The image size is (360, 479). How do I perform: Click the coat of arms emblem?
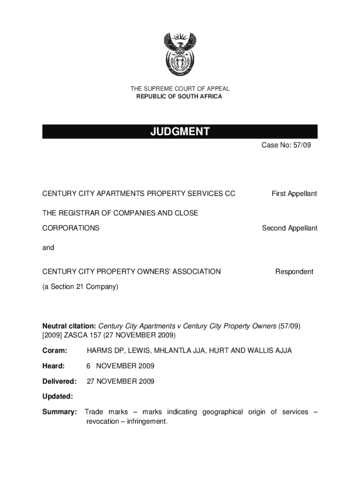click(x=180, y=55)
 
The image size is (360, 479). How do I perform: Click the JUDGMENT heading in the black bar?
click(x=180, y=132)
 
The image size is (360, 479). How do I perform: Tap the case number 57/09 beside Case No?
click(x=301, y=145)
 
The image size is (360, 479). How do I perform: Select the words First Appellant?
click(x=295, y=194)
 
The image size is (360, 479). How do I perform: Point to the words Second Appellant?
click(x=289, y=228)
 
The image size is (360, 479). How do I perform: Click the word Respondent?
click(x=294, y=272)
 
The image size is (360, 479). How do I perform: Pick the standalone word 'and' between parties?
click(x=48, y=247)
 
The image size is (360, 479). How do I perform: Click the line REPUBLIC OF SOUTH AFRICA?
click(x=180, y=97)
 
